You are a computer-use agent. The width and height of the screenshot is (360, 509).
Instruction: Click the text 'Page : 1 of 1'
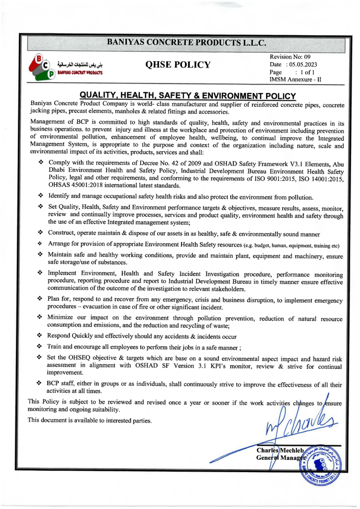pos(293,72)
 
